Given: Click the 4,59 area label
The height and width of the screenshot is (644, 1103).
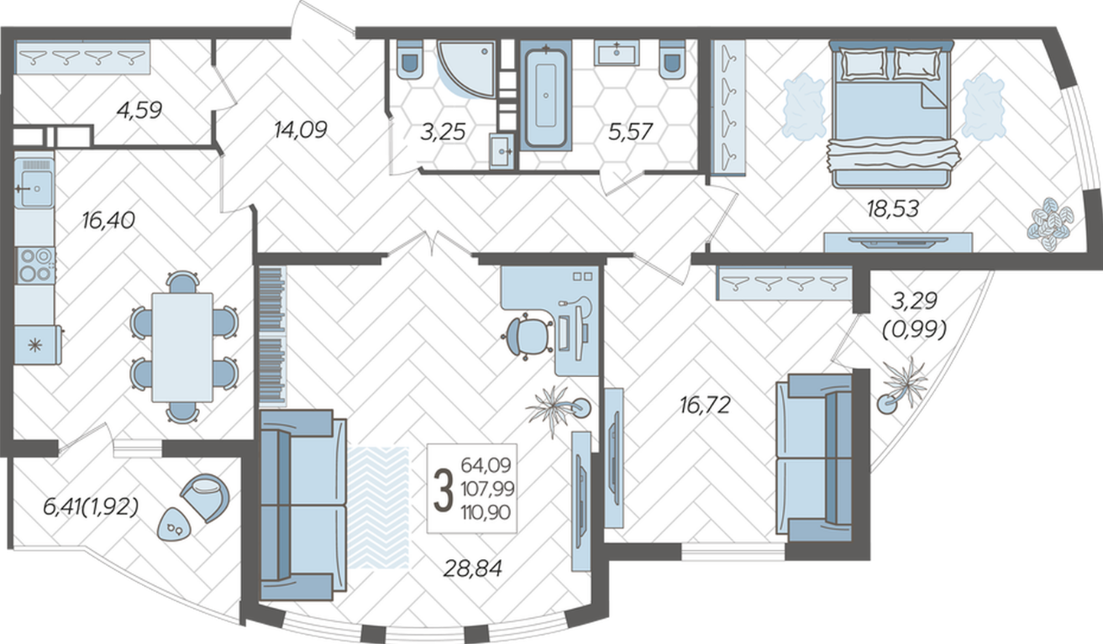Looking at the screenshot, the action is [139, 110].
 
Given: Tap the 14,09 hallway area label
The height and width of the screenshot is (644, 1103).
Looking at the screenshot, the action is [301, 130].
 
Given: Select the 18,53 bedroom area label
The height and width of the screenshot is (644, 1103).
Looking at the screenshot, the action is [893, 209].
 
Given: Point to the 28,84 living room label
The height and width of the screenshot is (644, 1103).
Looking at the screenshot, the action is [473, 568].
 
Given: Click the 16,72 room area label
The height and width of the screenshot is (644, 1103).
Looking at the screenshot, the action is [705, 406].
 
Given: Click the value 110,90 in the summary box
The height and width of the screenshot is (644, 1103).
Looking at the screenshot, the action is [486, 513].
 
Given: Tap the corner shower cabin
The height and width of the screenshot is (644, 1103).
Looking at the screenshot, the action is [466, 68].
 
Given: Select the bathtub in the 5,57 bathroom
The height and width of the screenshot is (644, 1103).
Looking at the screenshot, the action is [546, 95].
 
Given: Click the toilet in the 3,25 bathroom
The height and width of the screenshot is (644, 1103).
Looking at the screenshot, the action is [410, 60].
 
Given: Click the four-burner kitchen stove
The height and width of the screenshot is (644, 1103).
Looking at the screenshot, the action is [35, 265].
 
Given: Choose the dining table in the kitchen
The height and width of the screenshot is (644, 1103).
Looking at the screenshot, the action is [182, 348].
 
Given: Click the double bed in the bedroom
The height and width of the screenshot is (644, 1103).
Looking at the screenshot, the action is [891, 114].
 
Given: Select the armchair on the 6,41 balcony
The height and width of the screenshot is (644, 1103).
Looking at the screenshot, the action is [205, 497].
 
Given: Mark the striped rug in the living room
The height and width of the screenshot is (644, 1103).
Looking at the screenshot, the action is [379, 508].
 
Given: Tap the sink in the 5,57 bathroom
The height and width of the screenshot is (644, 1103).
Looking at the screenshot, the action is [617, 53].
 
